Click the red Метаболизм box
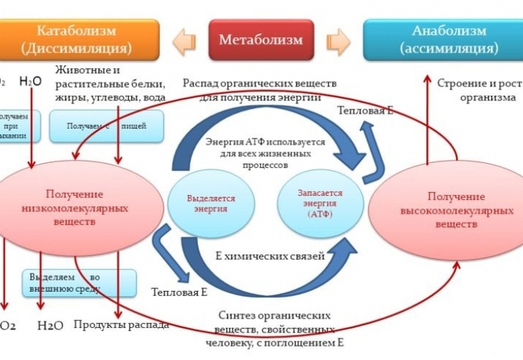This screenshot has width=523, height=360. click(x=261, y=39)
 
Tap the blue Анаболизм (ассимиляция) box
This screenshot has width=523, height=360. click(x=439, y=39)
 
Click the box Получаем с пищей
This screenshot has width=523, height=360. click(x=105, y=126)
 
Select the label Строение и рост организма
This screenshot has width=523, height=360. click(x=477, y=90)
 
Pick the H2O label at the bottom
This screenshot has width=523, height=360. click(x=50, y=325)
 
